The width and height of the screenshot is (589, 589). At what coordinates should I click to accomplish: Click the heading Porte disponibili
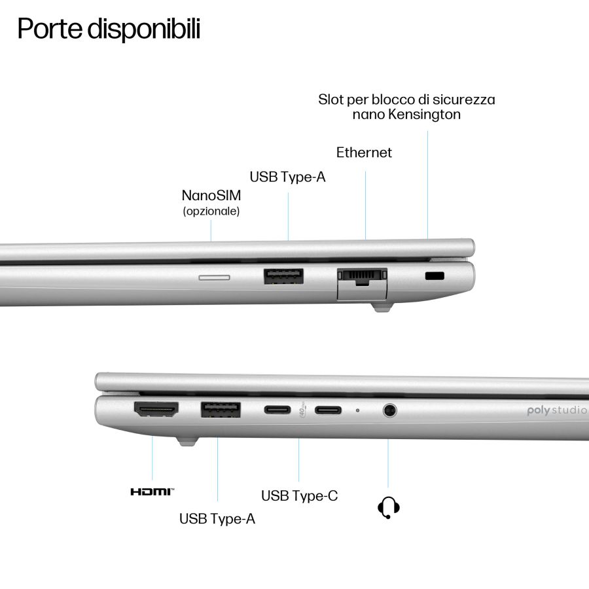(x=109, y=29)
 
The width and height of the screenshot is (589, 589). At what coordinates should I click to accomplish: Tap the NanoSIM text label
(x=211, y=195)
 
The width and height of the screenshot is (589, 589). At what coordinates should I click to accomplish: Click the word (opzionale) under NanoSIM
(x=211, y=211)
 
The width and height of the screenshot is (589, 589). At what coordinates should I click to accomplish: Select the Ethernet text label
(x=364, y=152)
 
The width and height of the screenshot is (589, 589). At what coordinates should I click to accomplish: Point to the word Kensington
(x=424, y=114)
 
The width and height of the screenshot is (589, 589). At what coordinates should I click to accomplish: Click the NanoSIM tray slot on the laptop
(x=214, y=277)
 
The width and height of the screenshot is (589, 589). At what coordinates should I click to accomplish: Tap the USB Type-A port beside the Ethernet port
(x=283, y=276)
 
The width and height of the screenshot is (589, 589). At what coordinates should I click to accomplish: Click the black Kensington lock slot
(x=435, y=276)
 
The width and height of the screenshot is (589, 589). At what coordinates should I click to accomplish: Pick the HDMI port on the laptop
(x=156, y=409)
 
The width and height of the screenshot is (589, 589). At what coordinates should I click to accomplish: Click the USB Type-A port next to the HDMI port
(x=221, y=410)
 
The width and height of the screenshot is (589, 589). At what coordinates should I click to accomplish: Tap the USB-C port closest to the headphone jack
(x=328, y=410)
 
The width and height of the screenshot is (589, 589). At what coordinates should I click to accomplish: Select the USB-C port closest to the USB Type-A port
(x=277, y=410)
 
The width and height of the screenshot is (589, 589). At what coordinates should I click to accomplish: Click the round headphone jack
(x=389, y=410)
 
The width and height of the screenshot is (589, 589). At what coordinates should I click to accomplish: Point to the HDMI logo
(x=152, y=491)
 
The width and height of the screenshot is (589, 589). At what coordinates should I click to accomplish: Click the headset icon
(x=388, y=507)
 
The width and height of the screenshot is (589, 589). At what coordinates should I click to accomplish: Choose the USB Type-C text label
(x=299, y=496)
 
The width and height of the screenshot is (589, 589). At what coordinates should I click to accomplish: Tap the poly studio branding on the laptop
(x=558, y=410)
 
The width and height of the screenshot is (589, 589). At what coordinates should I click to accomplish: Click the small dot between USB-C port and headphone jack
(x=357, y=410)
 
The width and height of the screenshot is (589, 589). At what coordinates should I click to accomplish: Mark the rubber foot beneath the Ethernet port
(x=382, y=308)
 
